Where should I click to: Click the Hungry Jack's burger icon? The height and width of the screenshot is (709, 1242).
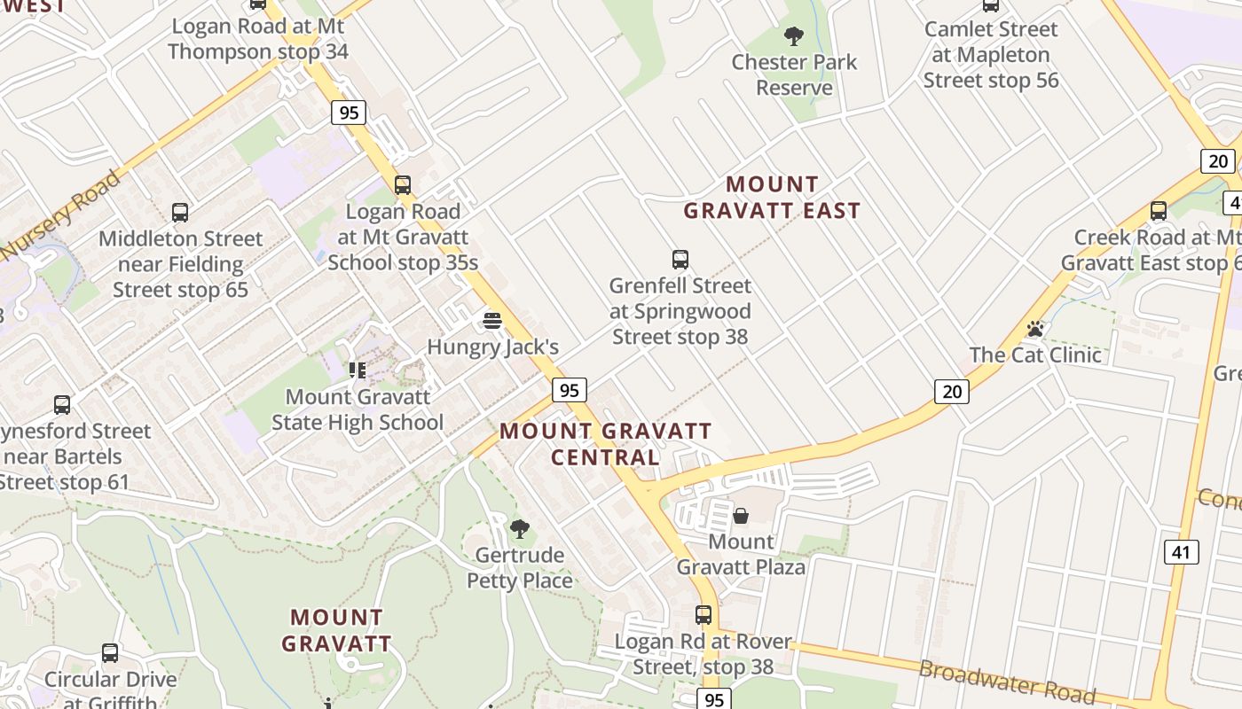pos(492,320)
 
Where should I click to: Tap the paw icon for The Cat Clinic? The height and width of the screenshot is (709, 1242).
pos(1034,330)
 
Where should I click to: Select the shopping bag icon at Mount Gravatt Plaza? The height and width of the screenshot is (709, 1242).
pos(741,516)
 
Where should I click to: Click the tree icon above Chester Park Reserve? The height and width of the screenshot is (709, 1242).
pos(794,36)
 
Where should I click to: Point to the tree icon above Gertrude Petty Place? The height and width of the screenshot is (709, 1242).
pos(520,529)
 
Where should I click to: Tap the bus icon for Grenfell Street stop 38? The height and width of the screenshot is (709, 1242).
pos(680,260)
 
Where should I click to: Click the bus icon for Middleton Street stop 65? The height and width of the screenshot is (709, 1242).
pos(180,213)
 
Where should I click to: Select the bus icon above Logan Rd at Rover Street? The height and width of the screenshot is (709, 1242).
pos(704,614)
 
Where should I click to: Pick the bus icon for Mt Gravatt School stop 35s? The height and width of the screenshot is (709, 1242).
pos(403,185)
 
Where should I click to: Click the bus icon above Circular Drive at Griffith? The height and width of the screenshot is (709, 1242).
pos(110,653)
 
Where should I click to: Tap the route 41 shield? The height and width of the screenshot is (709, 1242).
pos(1181,552)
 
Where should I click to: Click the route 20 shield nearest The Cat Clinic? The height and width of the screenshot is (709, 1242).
pos(951,391)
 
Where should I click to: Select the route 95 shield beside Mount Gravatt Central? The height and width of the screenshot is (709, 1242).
pos(569,390)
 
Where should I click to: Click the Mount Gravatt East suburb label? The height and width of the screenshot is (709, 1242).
pos(772,198)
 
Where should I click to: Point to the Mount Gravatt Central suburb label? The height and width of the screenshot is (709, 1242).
pos(605,444)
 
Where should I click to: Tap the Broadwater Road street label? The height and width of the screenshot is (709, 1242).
pos(1007,682)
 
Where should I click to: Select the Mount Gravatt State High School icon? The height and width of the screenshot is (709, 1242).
pos(358,370)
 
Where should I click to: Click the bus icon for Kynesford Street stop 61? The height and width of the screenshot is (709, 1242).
pos(62,405)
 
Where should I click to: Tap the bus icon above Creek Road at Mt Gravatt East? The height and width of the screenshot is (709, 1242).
pos(1159,211)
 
